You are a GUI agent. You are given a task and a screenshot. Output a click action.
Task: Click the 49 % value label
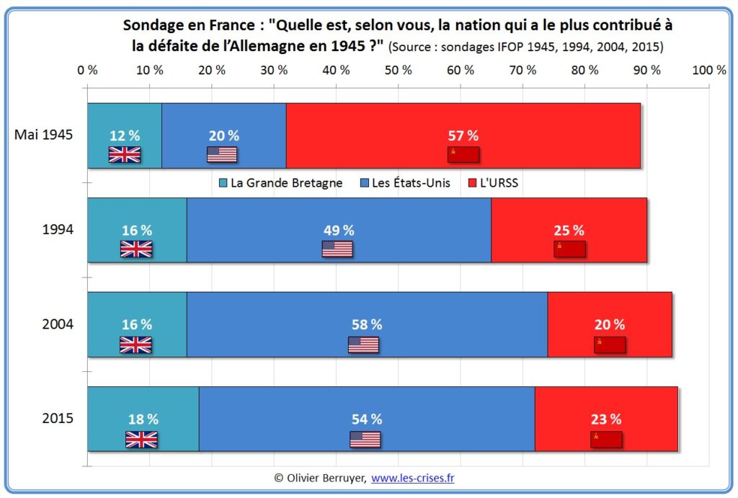tap(338, 231)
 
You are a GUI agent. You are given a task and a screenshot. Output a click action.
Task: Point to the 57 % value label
tap(463, 135)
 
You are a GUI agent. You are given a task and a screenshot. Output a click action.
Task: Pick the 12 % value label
tap(125, 135)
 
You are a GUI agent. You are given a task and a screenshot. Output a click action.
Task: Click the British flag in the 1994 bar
tap(136, 249)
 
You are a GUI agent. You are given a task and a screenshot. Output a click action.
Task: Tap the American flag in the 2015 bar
tap(365, 439)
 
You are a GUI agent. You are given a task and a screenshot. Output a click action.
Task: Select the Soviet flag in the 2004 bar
tap(610, 344)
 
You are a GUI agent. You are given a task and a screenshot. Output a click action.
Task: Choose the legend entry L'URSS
tap(493, 183)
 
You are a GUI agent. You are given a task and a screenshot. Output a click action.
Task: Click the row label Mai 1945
tap(44, 135)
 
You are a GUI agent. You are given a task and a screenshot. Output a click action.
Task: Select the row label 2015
tap(58, 419)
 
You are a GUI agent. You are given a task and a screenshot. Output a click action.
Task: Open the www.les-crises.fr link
tap(412, 477)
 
